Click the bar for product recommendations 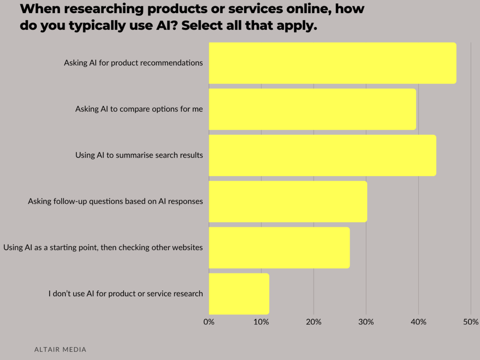tap(332, 63)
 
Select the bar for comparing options tap(312, 109)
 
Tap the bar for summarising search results tap(322, 155)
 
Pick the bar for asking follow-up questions tap(288, 201)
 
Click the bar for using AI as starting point tap(279, 248)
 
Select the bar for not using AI tap(239, 294)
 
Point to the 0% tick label tap(209, 322)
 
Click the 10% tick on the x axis tap(261, 322)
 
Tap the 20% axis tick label tap(313, 322)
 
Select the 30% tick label tap(366, 322)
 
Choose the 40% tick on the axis tap(418, 322)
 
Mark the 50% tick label tap(471, 322)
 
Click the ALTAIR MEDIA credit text tap(60, 350)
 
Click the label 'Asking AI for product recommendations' tap(133, 63)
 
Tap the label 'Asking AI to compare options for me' tap(139, 109)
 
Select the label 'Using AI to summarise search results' tap(139, 155)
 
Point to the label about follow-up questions tap(115, 201)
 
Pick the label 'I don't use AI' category tap(126, 294)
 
